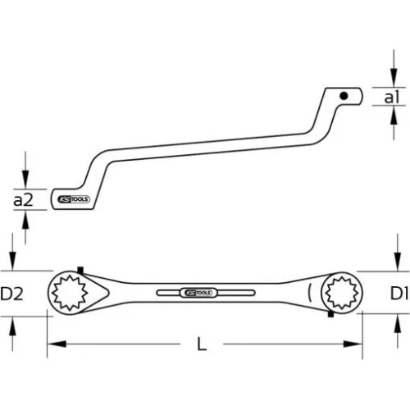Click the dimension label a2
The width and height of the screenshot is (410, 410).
click(x=23, y=199)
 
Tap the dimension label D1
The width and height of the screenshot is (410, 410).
click(x=398, y=293)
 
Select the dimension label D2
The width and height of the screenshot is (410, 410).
click(x=12, y=293)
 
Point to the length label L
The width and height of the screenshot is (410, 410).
click(x=203, y=345)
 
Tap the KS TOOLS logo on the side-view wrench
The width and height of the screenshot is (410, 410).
click(x=76, y=199)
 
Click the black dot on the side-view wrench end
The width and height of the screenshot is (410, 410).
click(x=346, y=97)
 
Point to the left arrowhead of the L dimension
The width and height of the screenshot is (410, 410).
click(x=50, y=345)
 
